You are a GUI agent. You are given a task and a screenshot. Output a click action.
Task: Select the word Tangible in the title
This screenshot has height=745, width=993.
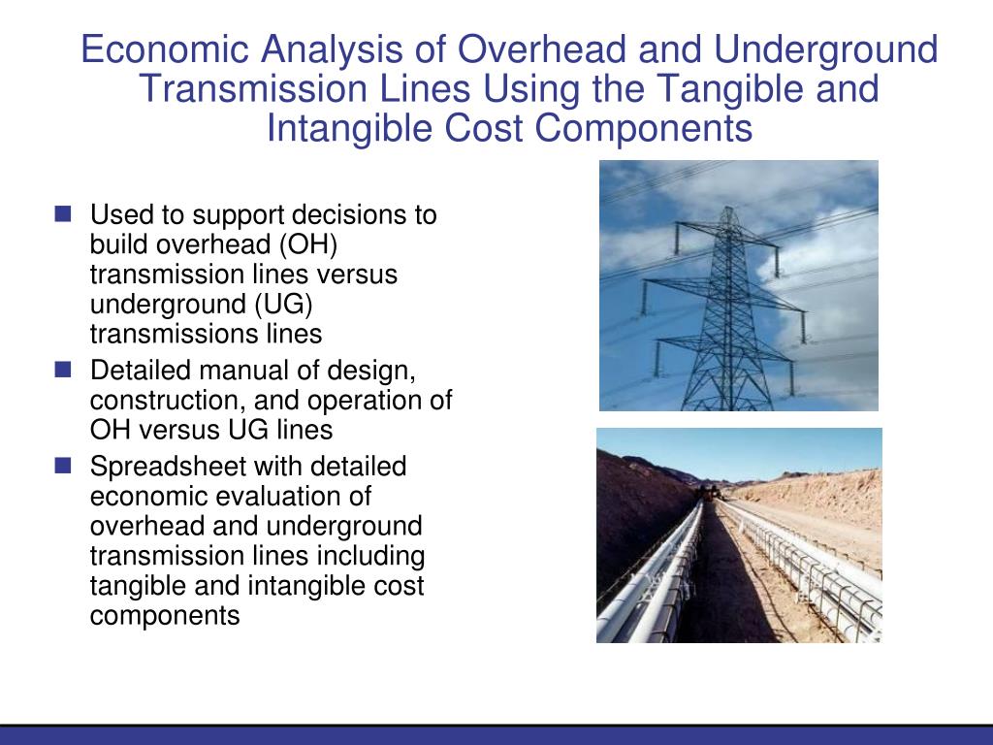click(x=728, y=89)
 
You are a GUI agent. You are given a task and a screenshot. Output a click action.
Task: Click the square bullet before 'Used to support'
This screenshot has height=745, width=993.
click(x=64, y=213)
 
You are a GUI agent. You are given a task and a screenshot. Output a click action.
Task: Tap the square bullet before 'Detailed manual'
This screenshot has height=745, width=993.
click(x=64, y=370)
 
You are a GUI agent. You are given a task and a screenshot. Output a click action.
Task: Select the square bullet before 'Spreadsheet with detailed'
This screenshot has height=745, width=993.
click(x=64, y=466)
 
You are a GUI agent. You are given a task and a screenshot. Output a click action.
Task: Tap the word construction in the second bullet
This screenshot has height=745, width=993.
click(x=157, y=401)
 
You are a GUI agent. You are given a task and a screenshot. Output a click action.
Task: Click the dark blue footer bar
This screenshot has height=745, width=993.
click(x=496, y=735)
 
